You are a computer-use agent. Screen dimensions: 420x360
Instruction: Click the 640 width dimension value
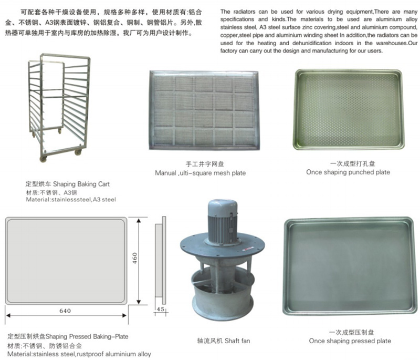tap(65, 311)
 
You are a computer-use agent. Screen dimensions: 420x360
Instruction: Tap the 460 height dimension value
tap(134, 258)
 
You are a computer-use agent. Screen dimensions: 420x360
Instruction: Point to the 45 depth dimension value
tap(161, 309)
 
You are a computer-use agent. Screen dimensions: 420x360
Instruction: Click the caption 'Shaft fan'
tap(237, 341)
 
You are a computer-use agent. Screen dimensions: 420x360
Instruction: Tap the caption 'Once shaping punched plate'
tap(348, 172)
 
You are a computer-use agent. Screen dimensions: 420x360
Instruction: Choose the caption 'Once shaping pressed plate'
tap(350, 341)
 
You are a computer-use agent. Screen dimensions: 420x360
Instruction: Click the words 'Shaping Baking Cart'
tap(81, 184)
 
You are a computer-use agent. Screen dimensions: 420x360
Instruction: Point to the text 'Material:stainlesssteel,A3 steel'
tap(71, 199)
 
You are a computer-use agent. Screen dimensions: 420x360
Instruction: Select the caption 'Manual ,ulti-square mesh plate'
tap(201, 173)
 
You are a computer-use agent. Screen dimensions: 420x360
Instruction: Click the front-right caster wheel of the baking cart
tap(78, 152)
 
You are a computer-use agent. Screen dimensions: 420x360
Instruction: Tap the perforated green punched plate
tap(349, 110)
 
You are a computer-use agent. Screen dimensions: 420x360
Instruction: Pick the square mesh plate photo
tap(204, 110)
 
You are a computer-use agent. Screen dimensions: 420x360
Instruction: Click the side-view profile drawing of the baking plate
tap(161, 260)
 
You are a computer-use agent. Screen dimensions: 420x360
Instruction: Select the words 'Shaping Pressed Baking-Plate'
tap(87, 336)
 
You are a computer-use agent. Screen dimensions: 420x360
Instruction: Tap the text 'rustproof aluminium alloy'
tap(114, 354)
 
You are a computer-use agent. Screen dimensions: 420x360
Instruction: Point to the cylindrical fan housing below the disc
tap(223, 295)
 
